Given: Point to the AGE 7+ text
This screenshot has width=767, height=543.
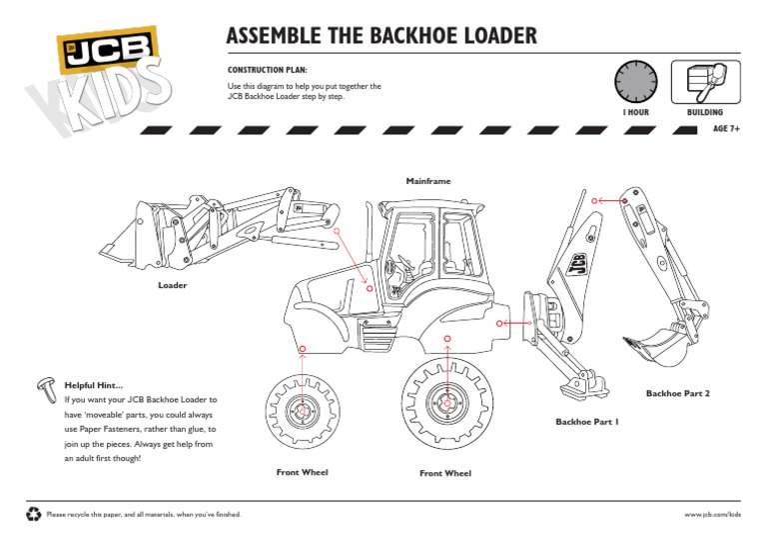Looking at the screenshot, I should click(726, 129).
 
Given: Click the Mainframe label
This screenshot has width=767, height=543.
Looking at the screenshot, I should click(428, 181).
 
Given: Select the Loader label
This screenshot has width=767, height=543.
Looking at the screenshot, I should click(173, 285).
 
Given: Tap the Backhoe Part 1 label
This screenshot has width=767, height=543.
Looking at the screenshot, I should click(587, 422).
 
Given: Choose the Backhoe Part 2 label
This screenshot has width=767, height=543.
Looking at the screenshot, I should click(677, 393).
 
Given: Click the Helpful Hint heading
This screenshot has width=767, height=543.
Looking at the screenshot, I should click(94, 385).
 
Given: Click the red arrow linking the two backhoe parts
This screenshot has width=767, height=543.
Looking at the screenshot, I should click(608, 200).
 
